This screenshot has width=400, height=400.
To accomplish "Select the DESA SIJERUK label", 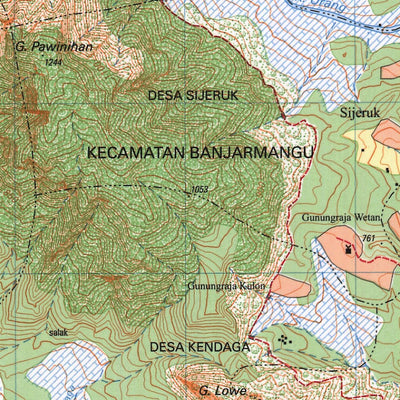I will (x=192, y=96).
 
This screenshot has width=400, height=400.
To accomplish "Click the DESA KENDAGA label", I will (x=199, y=347).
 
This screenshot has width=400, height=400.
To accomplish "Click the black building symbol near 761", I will (x=349, y=249).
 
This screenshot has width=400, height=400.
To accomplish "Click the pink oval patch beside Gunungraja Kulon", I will (x=289, y=286).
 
